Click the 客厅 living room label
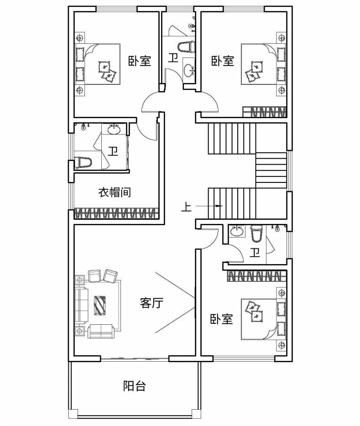(152, 303)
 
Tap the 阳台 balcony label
(135, 386)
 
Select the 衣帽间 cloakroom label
(115, 192)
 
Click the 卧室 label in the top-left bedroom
(139, 61)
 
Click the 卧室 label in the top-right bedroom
(222, 61)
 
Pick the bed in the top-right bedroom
(258, 64)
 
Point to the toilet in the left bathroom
(83, 162)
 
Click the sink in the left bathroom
(114, 130)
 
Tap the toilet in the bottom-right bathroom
(256, 234)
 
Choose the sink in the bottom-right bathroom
(236, 232)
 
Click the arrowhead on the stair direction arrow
(219, 207)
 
